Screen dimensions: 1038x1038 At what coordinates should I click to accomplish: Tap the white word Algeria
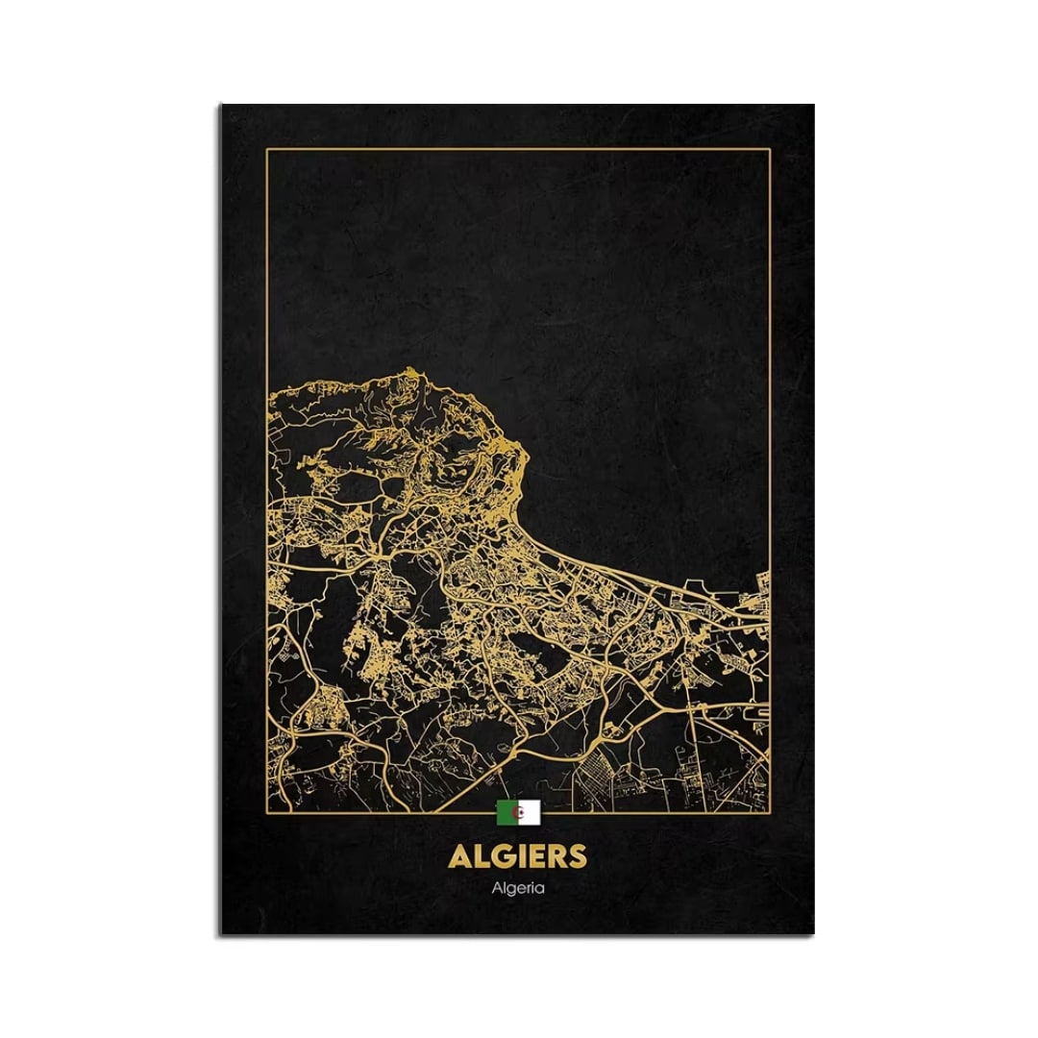[x=518, y=888]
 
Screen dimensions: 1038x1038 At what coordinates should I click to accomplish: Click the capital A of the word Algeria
[x=496, y=887]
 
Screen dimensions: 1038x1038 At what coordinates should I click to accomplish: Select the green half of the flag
[x=506, y=814]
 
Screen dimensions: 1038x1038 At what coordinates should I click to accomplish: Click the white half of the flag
[x=531, y=814]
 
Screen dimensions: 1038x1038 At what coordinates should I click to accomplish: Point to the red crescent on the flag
[x=520, y=814]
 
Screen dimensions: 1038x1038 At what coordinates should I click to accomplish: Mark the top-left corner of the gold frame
[x=266, y=149]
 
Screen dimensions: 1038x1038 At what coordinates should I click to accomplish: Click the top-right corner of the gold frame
[x=771, y=149]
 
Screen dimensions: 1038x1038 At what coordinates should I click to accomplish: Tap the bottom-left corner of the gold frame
[x=266, y=812]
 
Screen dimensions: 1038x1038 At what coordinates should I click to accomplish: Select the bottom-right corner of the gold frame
[x=771, y=812]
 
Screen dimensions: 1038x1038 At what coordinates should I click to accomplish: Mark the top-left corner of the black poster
[x=220, y=105]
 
